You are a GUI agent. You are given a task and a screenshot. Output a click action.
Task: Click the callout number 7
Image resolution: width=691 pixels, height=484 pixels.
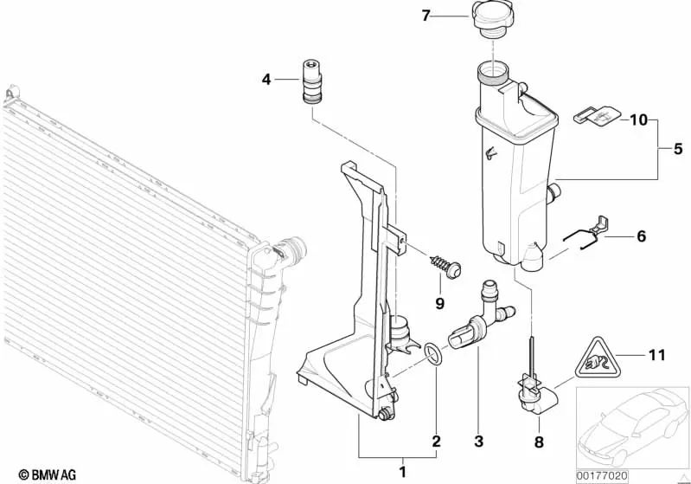(425, 16)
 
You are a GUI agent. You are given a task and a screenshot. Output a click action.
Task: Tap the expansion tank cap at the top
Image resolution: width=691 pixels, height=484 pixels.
(492, 18)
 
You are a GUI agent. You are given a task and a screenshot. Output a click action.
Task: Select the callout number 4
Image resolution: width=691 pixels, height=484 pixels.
(266, 80)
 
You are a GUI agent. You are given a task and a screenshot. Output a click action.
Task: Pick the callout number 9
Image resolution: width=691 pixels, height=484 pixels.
(439, 303)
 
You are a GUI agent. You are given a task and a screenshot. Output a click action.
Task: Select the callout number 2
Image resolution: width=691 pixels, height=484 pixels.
(436, 441)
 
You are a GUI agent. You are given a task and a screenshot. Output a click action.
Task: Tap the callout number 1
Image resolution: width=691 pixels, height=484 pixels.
(402, 472)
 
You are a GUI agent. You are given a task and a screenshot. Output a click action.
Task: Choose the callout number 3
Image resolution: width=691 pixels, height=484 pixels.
(479, 441)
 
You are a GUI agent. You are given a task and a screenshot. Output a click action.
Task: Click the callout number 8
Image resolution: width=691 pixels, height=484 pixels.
(539, 442)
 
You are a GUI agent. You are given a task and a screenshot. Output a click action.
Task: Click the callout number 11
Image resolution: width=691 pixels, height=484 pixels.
(656, 355)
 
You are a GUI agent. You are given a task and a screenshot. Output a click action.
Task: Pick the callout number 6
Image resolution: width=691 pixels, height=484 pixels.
(641, 236)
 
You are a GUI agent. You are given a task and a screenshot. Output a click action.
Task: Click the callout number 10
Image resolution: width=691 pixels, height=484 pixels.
(638, 119)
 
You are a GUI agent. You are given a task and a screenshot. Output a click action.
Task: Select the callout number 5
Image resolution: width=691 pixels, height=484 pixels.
(678, 149)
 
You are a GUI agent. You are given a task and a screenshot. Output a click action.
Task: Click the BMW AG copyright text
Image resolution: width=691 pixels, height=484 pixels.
(48, 474)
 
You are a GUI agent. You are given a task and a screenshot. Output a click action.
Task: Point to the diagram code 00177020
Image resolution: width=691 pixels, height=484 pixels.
(602, 476)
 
